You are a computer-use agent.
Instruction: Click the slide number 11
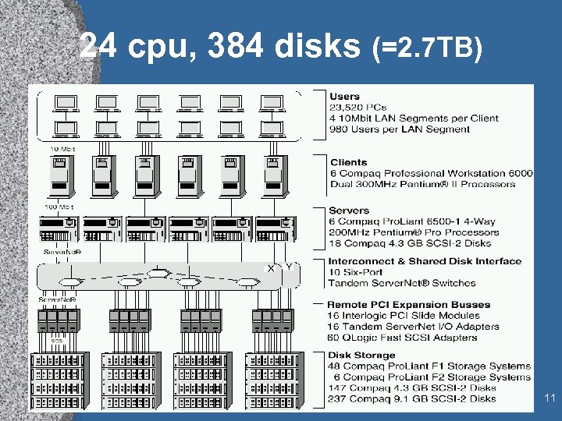(x=550, y=398)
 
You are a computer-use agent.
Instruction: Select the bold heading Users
(x=344, y=97)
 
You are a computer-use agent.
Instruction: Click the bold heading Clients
(x=348, y=162)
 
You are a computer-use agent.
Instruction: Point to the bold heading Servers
(x=349, y=210)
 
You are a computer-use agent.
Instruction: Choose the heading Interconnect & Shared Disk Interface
(x=425, y=261)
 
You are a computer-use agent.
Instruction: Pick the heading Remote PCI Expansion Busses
(x=408, y=305)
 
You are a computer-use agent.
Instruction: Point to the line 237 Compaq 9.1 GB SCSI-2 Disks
(x=412, y=398)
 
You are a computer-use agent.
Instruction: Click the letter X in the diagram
(x=271, y=268)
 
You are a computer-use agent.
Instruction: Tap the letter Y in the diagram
(x=288, y=267)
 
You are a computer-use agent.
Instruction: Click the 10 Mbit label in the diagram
(x=62, y=148)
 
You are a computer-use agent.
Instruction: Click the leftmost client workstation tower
(x=60, y=175)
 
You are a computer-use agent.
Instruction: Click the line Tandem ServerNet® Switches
(x=401, y=283)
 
